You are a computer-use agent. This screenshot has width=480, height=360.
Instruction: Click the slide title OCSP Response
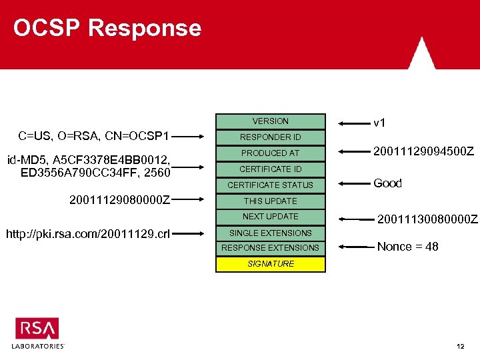(107, 28)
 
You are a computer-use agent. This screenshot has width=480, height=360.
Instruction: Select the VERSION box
(270, 121)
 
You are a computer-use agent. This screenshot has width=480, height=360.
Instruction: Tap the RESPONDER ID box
(270, 137)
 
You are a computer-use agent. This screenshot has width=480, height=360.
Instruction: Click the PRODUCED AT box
(270, 153)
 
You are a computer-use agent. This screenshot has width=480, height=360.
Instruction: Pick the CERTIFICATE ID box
(270, 169)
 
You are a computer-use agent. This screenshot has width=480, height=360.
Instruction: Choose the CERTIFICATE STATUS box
(270, 185)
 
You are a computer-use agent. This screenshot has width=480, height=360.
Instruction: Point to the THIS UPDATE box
(270, 201)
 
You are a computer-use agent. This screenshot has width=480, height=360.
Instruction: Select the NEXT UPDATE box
(270, 216)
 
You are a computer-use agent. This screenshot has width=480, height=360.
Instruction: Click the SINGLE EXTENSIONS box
(270, 233)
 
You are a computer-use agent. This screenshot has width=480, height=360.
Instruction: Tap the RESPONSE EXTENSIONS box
(270, 247)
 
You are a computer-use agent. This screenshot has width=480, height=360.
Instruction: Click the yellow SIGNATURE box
(270, 264)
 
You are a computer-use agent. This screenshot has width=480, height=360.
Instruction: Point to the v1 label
(379, 123)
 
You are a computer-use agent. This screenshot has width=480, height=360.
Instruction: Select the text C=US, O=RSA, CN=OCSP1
(94, 137)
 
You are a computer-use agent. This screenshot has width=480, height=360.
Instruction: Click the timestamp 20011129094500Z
(423, 153)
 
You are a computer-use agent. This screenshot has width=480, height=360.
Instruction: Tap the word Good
(387, 183)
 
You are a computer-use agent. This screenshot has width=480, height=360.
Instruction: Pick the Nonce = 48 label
(407, 247)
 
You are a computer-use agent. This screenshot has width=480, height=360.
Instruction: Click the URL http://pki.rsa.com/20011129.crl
(87, 233)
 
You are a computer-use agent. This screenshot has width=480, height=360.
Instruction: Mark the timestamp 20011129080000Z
(119, 199)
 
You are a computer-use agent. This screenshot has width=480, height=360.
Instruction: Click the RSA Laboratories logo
(38, 333)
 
